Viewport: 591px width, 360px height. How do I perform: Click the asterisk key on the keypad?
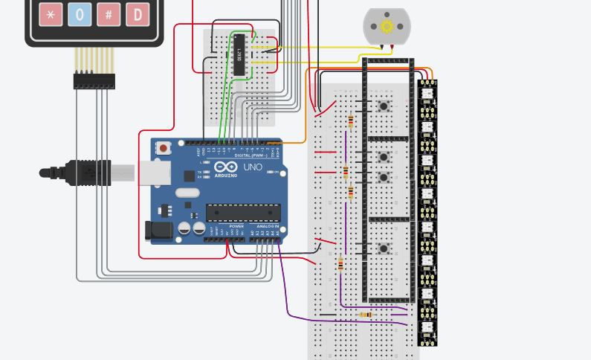(51, 14)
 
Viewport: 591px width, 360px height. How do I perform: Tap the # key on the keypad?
(109, 14)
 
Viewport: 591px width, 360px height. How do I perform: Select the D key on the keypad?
(137, 14)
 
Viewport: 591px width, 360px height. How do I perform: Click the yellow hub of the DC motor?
(387, 27)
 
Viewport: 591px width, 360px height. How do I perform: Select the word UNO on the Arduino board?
(253, 168)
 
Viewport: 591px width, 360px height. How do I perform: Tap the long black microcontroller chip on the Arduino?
(243, 213)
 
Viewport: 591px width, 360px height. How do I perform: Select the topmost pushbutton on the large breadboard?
(384, 106)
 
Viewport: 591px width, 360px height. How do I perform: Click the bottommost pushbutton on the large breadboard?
(384, 248)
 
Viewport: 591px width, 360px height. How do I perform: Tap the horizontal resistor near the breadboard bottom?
(365, 315)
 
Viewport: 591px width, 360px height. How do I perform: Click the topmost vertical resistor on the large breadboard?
(350, 121)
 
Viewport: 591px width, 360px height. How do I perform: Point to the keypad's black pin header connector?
(94, 80)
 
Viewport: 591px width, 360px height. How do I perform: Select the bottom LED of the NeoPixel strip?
(427, 328)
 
